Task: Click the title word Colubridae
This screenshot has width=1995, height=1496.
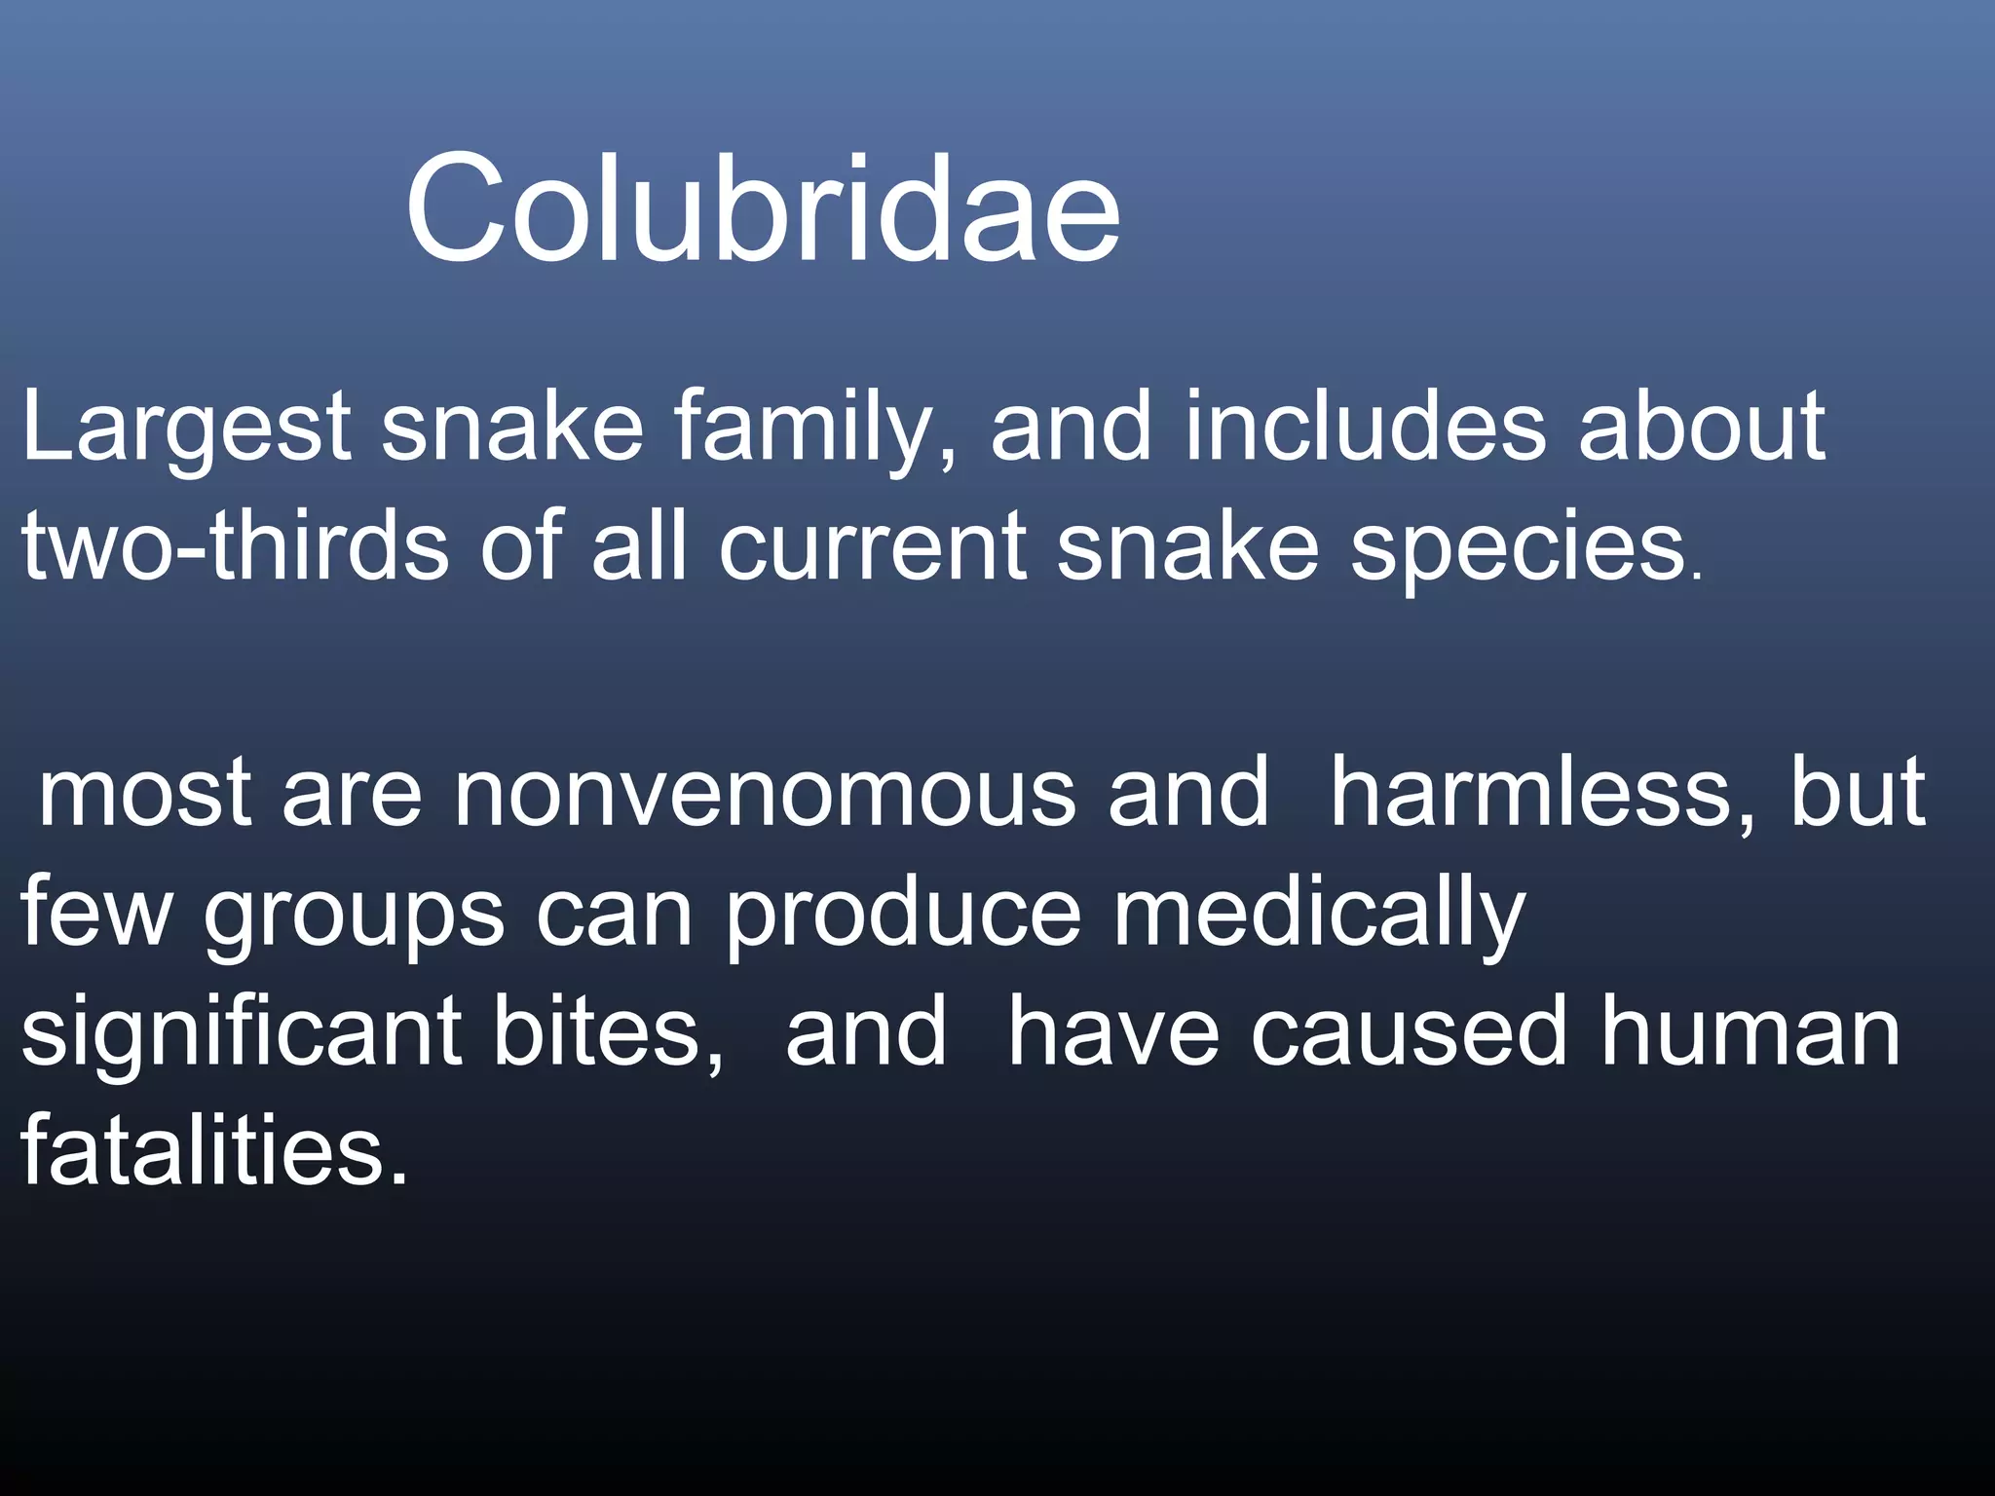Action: coord(763,209)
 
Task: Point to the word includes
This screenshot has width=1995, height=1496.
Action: coord(1364,427)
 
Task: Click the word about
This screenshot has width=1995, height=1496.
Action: coord(1701,427)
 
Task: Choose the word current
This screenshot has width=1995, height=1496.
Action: coord(872,547)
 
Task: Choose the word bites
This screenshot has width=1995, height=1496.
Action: coord(608,1032)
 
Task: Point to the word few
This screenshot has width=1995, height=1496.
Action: coord(95,914)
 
